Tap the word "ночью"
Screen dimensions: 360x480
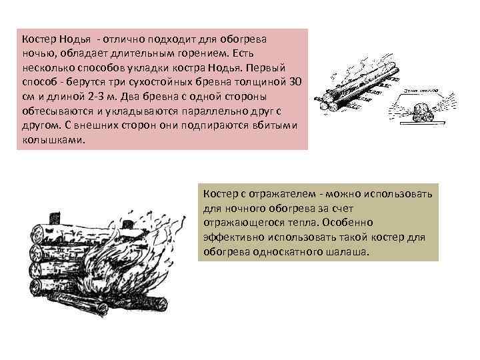tap(37, 53)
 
